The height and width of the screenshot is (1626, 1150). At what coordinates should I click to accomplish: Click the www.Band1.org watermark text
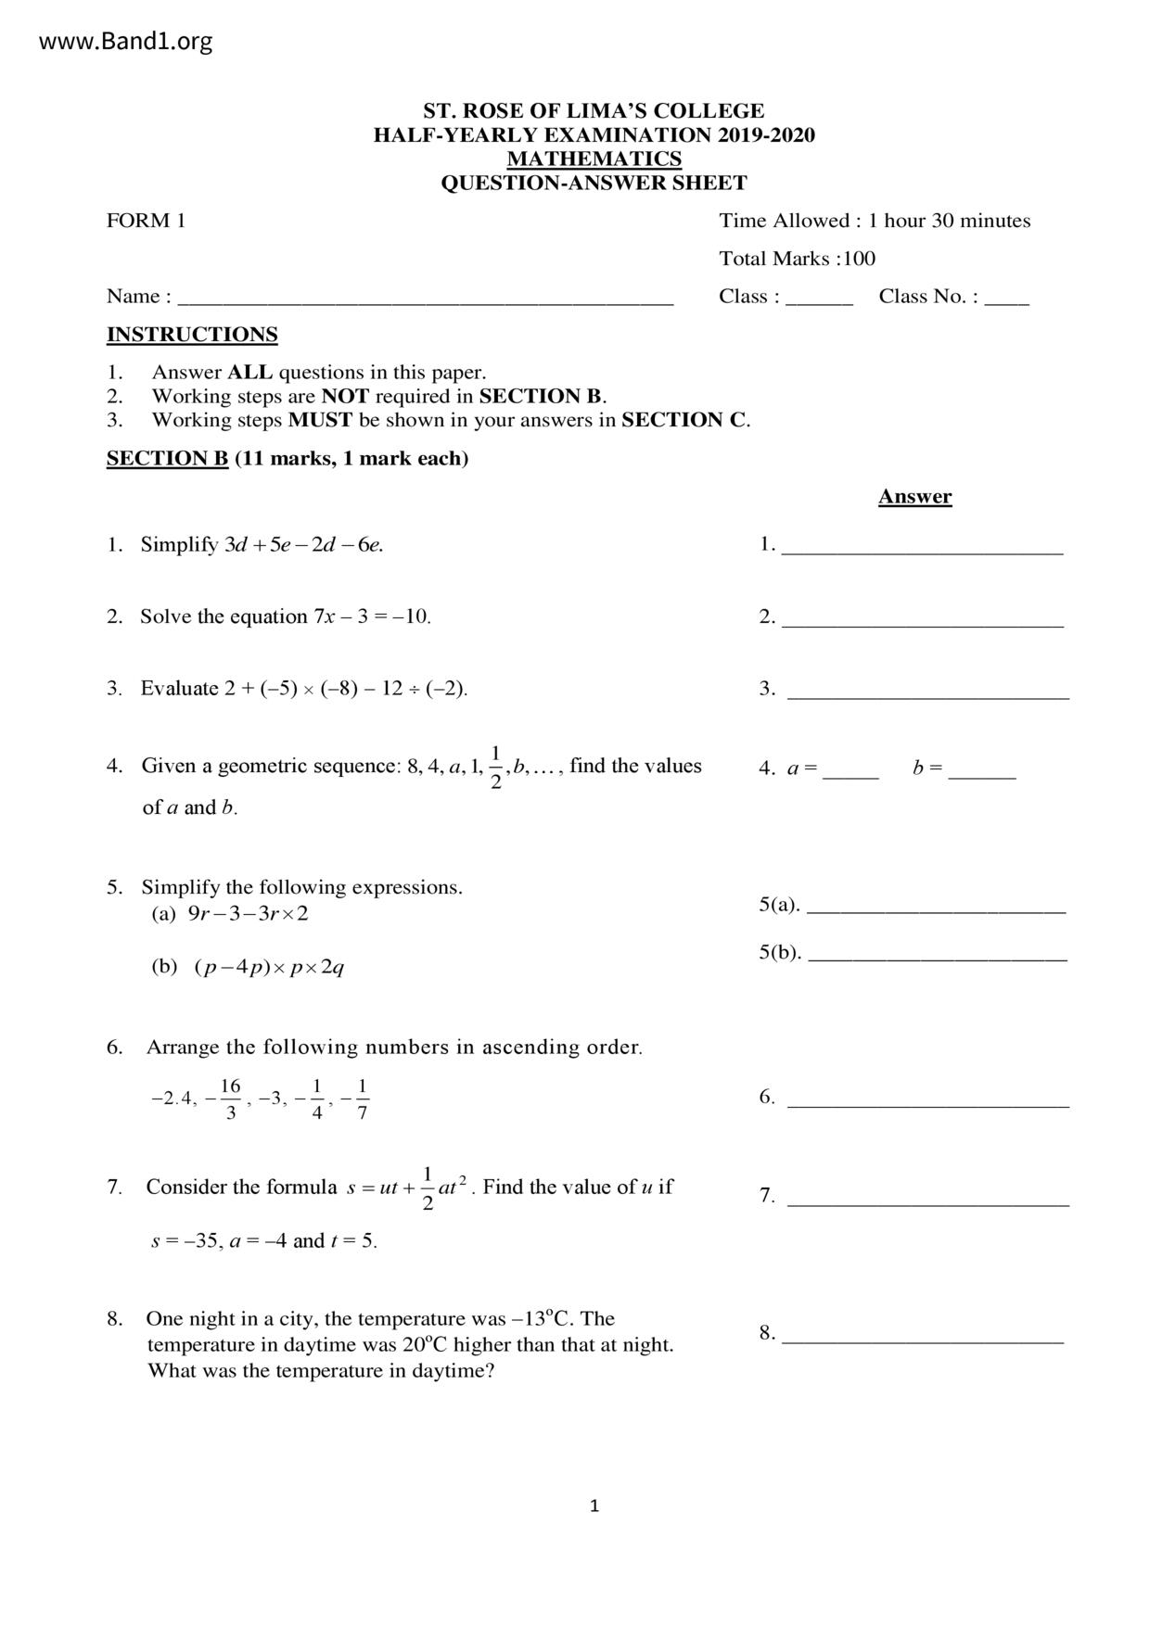coord(126,42)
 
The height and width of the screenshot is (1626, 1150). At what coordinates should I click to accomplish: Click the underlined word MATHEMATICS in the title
coord(594,159)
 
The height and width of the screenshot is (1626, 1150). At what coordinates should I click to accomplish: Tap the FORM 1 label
coord(146,221)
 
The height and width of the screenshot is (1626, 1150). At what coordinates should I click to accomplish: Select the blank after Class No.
coord(1006,299)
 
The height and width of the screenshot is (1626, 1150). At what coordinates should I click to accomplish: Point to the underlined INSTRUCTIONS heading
coord(192,335)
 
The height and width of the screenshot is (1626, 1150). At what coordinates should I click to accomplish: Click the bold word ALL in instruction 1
coord(250,373)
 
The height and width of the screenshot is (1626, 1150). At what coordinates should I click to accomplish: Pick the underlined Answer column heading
coord(914,497)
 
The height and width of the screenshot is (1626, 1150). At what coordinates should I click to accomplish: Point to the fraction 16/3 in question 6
coord(230,1099)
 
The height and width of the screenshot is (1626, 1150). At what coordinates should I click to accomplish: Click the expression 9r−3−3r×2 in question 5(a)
coord(248,914)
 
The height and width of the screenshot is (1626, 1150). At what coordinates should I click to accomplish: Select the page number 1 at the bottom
coord(594,1506)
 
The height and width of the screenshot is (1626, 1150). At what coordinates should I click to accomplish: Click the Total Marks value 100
coord(859,259)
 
